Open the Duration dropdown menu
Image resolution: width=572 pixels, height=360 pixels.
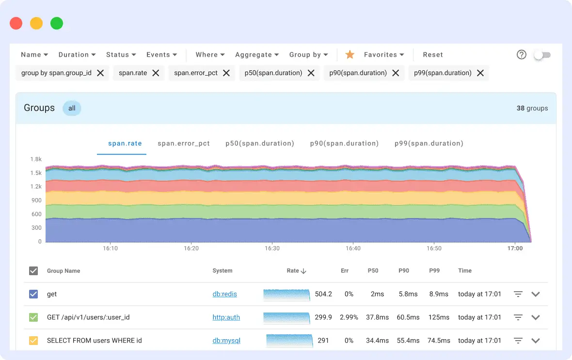pos(77,55)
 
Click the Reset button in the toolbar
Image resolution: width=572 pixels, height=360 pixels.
pos(433,55)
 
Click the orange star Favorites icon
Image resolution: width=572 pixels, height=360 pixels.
pos(350,55)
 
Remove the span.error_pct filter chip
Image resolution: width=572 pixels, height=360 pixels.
pos(226,73)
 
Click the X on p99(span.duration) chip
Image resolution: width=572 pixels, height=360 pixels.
pos(480,73)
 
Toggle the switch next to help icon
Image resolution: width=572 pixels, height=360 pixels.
pos(542,55)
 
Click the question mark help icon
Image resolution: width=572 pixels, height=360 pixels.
pos(522,55)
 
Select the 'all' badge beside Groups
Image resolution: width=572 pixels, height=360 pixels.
pos(72,108)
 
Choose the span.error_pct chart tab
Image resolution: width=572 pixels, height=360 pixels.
pos(184,143)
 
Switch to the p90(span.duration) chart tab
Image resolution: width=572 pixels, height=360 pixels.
pos(344,143)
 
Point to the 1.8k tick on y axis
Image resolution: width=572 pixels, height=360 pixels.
pos(36,159)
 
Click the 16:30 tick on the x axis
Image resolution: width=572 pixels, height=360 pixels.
pos(272,248)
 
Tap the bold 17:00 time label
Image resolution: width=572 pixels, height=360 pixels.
pos(515,248)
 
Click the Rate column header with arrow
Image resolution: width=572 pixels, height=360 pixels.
pos(296,271)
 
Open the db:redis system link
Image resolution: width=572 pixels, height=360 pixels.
pos(224,294)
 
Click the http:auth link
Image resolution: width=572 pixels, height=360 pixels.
pos(226,317)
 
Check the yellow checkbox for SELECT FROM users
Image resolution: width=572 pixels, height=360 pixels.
pos(33,341)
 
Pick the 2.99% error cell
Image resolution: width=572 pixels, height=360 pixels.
pos(349,317)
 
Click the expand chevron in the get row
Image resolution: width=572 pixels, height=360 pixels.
pos(536,294)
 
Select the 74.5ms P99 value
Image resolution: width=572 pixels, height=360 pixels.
pos(439,341)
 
